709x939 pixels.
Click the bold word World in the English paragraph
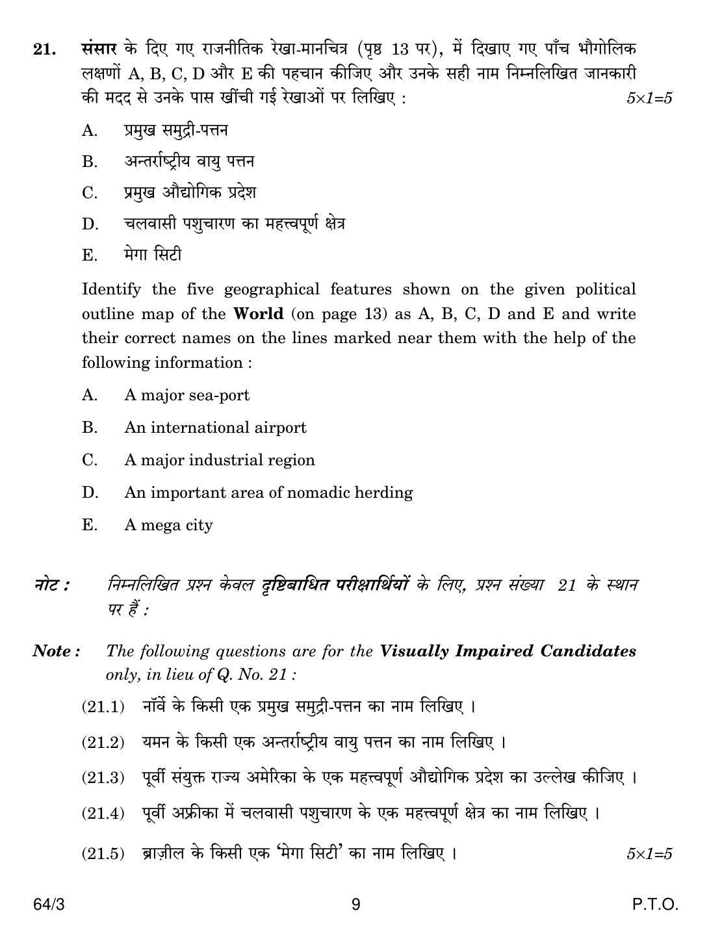pyautogui.click(x=258, y=314)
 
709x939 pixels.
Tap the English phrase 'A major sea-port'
pyautogui.click(x=187, y=395)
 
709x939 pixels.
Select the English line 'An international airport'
pyautogui.click(x=215, y=428)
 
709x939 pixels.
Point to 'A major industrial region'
pyautogui.click(x=219, y=460)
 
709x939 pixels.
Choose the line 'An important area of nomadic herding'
pyautogui.click(x=268, y=493)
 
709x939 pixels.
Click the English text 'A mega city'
pyautogui.click(x=168, y=525)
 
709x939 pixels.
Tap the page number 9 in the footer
pyautogui.click(x=355, y=905)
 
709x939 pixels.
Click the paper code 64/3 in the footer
pyautogui.click(x=48, y=905)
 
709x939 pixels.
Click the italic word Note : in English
pyautogui.click(x=57, y=651)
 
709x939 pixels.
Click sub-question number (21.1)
pyautogui.click(x=103, y=706)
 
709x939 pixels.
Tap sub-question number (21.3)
pyautogui.click(x=103, y=777)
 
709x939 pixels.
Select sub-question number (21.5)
pyautogui.click(x=103, y=853)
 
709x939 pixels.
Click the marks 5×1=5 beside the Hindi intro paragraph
pyautogui.click(x=649, y=99)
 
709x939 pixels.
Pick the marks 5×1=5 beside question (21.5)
pyautogui.click(x=649, y=854)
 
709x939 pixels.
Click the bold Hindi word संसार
pyautogui.click(x=99, y=49)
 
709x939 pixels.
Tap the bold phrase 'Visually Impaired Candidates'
pyautogui.click(x=508, y=651)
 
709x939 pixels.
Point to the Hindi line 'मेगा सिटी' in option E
pyautogui.click(x=153, y=255)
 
